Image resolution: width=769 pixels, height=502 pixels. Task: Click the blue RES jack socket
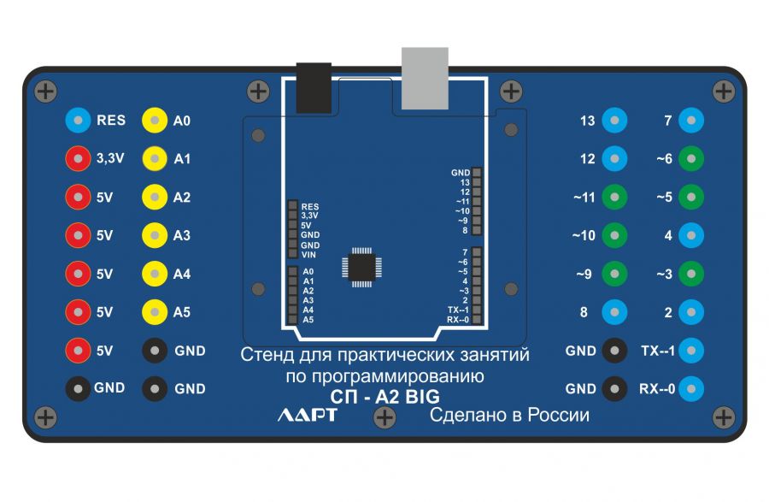point(79,121)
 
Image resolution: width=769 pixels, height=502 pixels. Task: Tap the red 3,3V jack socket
point(79,159)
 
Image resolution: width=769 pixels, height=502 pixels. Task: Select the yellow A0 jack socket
point(155,121)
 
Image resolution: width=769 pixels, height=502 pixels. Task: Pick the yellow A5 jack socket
point(155,312)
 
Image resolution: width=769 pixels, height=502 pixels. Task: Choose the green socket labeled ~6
point(691,159)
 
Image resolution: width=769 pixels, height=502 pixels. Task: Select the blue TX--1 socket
point(691,351)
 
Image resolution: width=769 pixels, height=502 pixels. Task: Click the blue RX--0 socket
point(691,389)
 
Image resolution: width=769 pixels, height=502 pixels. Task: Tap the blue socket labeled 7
point(691,121)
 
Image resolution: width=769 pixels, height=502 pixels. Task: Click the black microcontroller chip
point(361,266)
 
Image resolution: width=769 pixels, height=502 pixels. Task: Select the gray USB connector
point(425,78)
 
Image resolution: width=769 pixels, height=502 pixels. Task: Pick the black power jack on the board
point(314,87)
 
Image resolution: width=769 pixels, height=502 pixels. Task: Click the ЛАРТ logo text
point(308,416)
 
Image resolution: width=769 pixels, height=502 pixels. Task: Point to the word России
point(557,416)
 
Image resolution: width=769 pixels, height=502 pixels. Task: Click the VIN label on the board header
point(309,254)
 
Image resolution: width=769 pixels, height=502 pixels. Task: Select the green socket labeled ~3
point(691,274)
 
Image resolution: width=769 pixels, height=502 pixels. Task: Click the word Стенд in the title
point(267,354)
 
